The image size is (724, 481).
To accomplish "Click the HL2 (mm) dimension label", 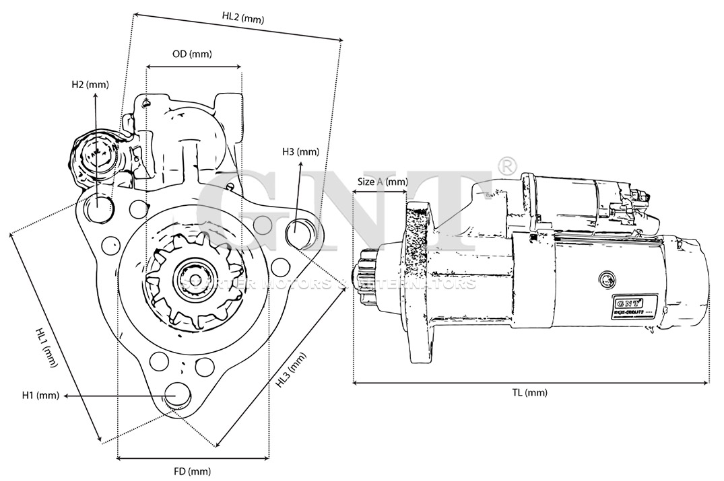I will (x=242, y=19).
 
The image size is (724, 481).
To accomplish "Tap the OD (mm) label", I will (x=192, y=54).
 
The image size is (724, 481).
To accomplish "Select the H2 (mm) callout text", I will (x=90, y=85).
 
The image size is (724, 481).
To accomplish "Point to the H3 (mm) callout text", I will (x=300, y=152).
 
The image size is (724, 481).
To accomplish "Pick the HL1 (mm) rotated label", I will (x=47, y=347).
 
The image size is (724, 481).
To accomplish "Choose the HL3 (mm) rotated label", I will (x=291, y=371).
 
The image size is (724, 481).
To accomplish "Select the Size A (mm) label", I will (x=383, y=182).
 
